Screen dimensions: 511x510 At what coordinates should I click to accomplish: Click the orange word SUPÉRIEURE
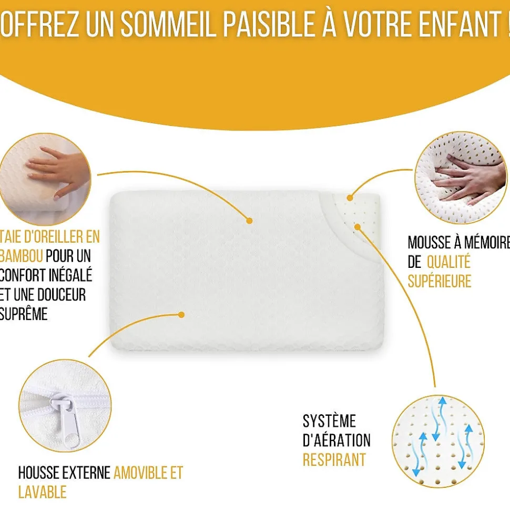pyautogui.click(x=440, y=280)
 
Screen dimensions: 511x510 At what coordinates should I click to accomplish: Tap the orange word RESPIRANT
pyautogui.click(x=334, y=459)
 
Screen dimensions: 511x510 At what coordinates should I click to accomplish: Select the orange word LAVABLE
pyautogui.click(x=42, y=492)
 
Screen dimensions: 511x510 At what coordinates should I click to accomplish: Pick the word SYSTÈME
pyautogui.click(x=329, y=421)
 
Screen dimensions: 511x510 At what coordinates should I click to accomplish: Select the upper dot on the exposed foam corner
pyautogui.click(x=351, y=197)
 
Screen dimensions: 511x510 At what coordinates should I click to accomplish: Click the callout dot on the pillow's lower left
pyautogui.click(x=181, y=315)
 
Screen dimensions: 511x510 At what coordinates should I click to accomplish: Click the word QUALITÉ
pyautogui.click(x=448, y=262)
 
